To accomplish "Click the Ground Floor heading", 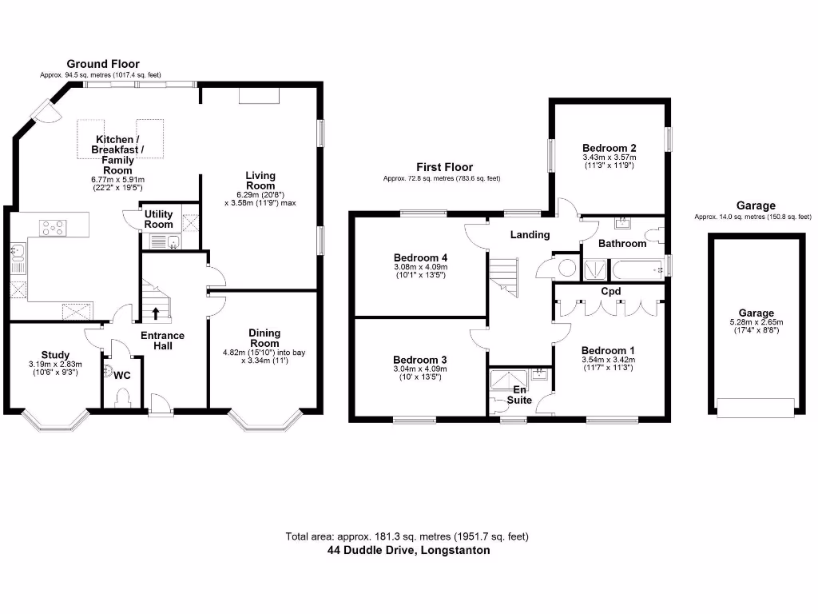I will point(102,64).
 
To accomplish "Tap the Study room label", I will point(55,355).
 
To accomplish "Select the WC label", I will point(122,375).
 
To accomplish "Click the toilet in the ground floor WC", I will point(122,397).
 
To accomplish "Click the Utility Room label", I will point(158,219).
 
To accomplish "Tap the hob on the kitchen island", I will point(53,229).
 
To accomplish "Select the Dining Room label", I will point(264,337).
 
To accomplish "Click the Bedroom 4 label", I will point(419,257).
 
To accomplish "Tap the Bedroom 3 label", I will point(419,360).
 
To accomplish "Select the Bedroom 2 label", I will point(609,148).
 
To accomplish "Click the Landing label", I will point(530,234).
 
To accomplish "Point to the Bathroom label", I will point(622,243).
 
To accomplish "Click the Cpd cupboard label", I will point(611,292).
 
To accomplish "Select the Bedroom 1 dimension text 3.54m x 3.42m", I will point(609,361).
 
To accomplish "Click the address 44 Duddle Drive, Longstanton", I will point(408,550).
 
